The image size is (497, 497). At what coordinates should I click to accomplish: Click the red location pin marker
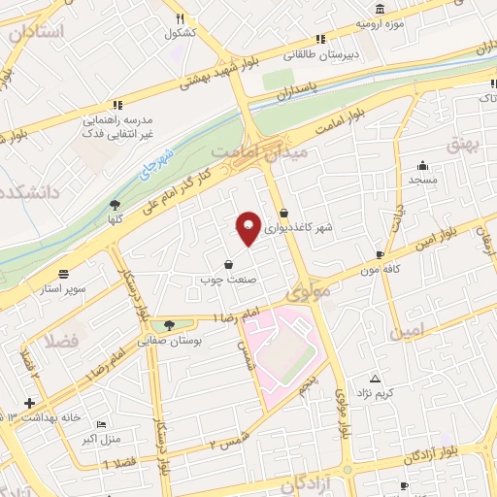pyautogui.click(x=249, y=229)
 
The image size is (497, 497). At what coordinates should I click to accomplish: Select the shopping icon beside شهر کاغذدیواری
pyautogui.click(x=283, y=213)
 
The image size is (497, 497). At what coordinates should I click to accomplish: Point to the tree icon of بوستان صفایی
pyautogui.click(x=170, y=324)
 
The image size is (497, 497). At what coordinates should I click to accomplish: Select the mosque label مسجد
pyautogui.click(x=422, y=181)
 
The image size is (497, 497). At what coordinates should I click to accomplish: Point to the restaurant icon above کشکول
pyautogui.click(x=180, y=18)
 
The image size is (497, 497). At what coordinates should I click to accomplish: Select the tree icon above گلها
pyautogui.click(x=115, y=204)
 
